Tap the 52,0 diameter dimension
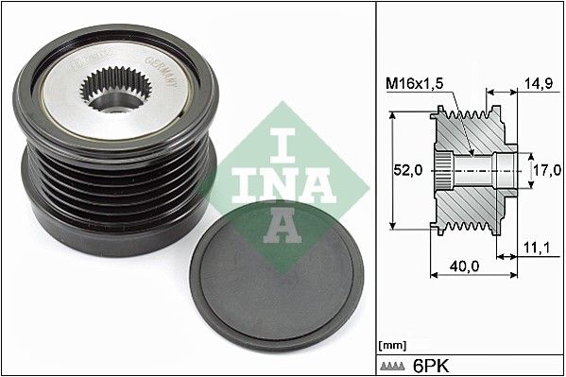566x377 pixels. (x=407, y=171)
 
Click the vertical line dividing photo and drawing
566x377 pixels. (x=377, y=189)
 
